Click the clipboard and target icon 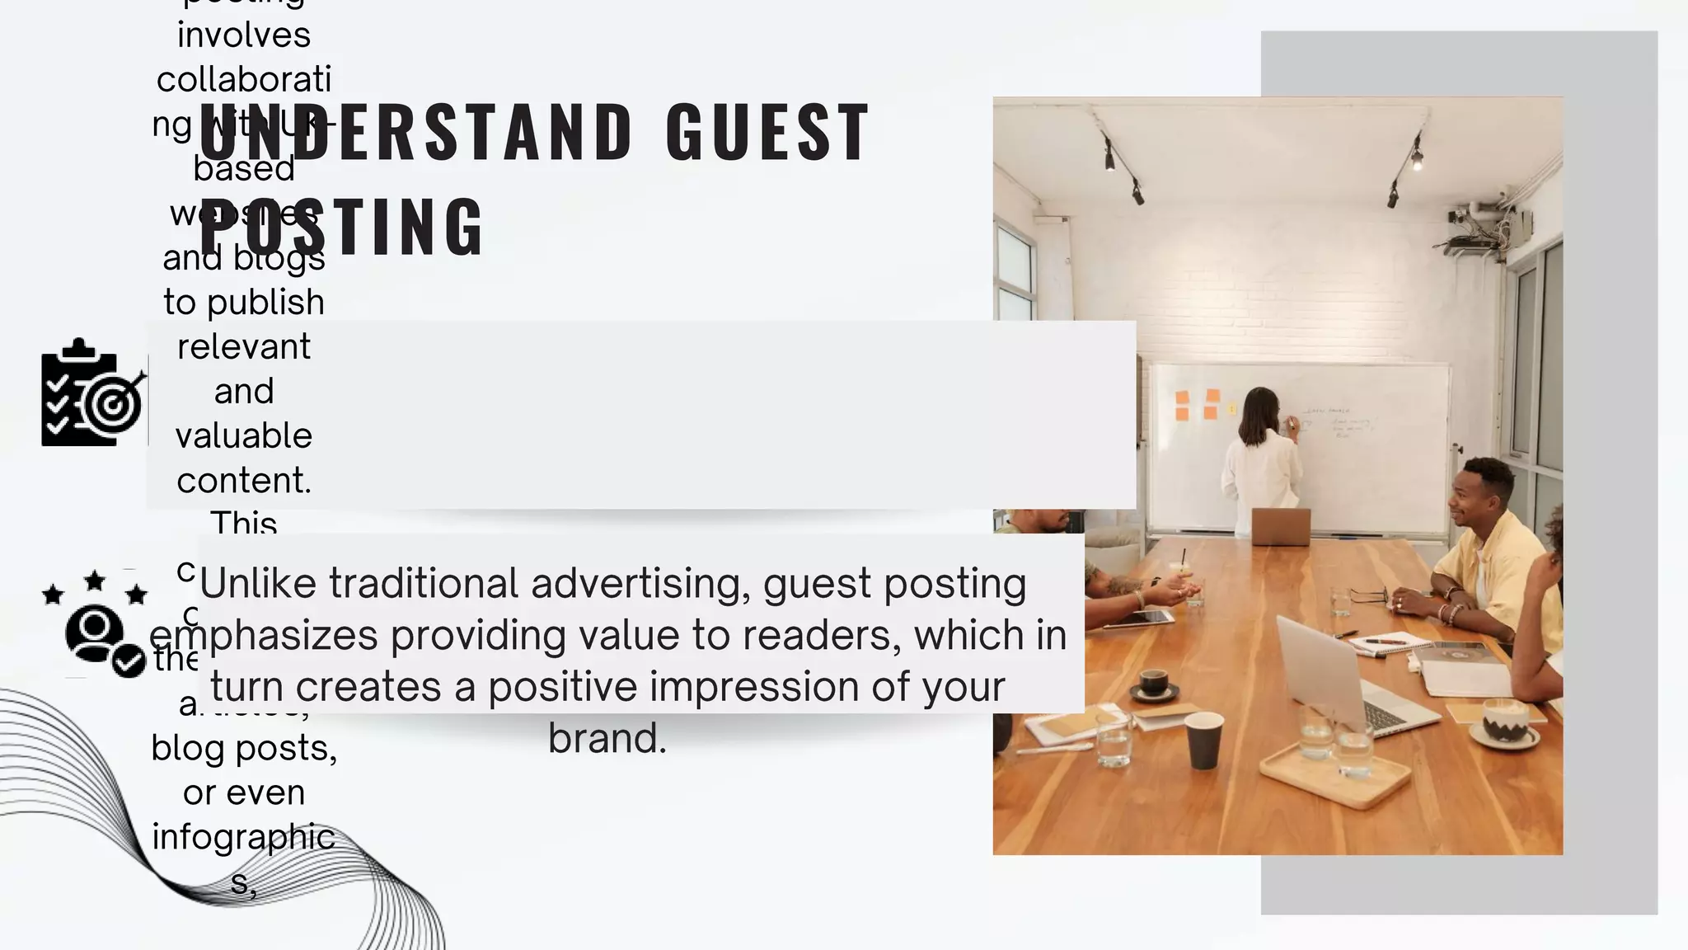92,393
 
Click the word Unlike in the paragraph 258,583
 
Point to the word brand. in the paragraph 607,738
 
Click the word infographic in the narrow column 244,837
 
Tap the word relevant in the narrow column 244,346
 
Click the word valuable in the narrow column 244,435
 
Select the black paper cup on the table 1203,740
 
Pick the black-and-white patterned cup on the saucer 1504,719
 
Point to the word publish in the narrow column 265,302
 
